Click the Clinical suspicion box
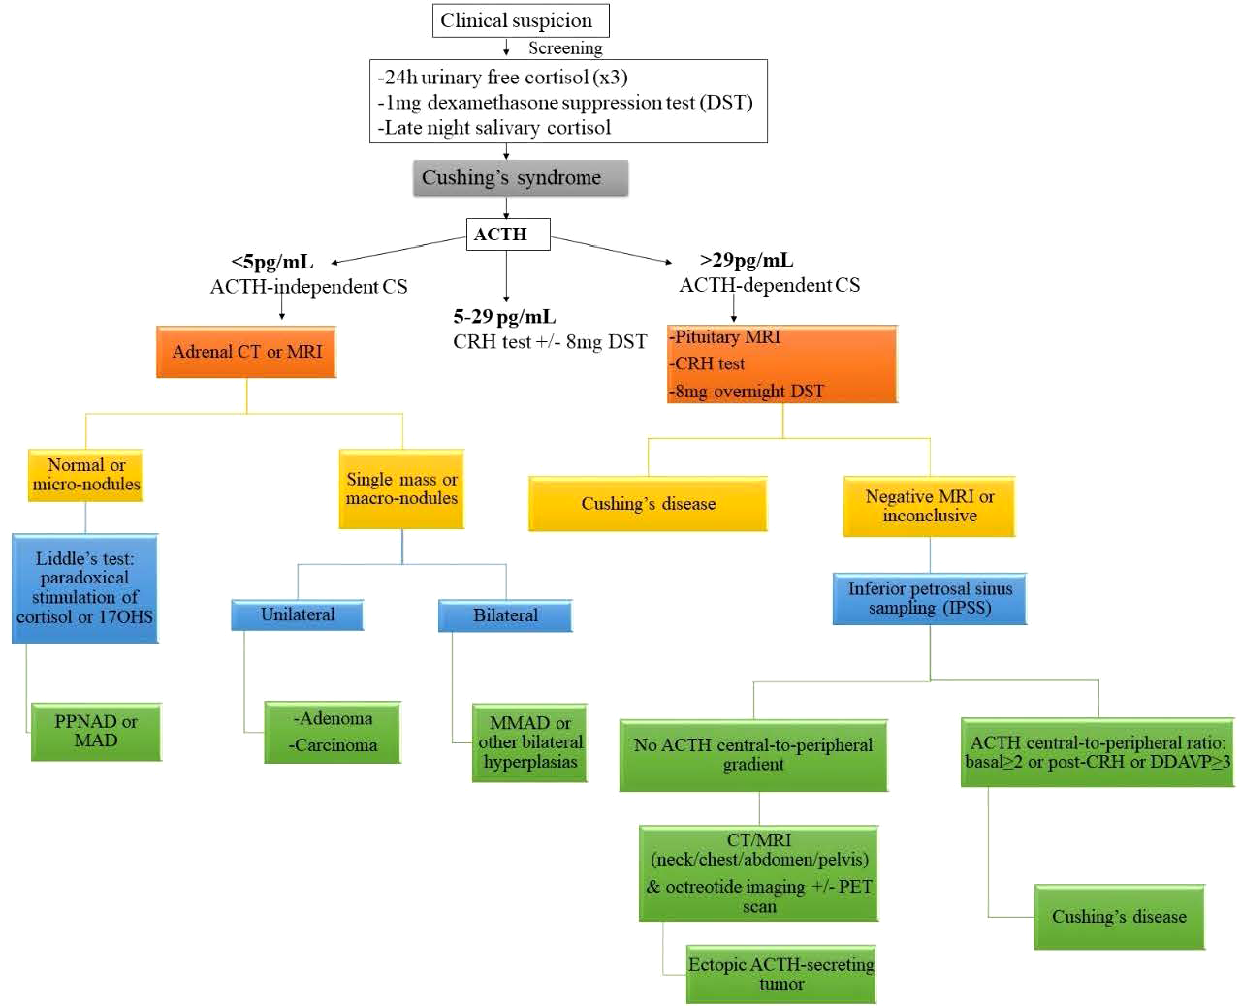pyautogui.click(x=520, y=20)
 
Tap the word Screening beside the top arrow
pyautogui.click(x=565, y=48)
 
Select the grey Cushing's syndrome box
pyautogui.click(x=520, y=178)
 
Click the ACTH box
pyautogui.click(x=507, y=235)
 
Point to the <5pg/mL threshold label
pyautogui.click(x=271, y=262)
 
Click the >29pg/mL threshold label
pyautogui.click(x=746, y=260)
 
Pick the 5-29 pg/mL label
pyautogui.click(x=504, y=317)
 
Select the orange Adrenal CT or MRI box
pyautogui.click(x=246, y=352)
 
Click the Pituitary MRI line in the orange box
pyautogui.click(x=727, y=337)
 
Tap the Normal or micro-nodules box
pyautogui.click(x=85, y=475)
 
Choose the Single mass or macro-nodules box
pyautogui.click(x=401, y=488)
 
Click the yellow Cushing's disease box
pyautogui.click(x=648, y=504)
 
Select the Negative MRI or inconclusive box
pyautogui.click(x=929, y=506)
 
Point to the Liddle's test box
pyautogui.click(x=84, y=587)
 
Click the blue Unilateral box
pyautogui.click(x=297, y=614)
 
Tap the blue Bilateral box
pyautogui.click(x=505, y=615)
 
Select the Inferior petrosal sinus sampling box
pyautogui.click(x=929, y=598)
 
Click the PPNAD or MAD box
pyautogui.click(x=96, y=731)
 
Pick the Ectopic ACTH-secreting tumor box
pyautogui.click(x=780, y=974)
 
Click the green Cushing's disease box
pyautogui.click(x=1119, y=917)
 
